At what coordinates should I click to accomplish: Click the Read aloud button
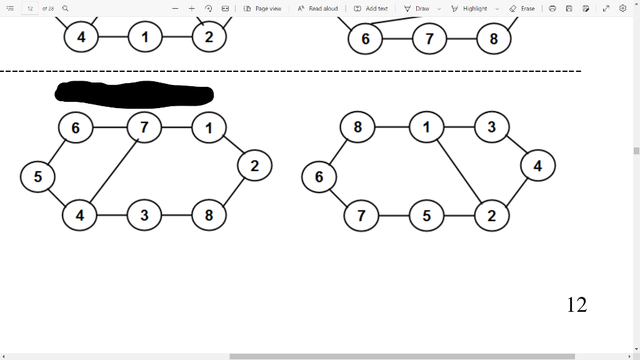(318, 9)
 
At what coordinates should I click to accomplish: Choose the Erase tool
(522, 9)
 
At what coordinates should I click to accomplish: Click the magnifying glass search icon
(65, 9)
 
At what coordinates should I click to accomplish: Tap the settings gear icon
(622, 9)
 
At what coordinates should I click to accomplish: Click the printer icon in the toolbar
(552, 9)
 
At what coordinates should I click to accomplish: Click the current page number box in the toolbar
(30, 9)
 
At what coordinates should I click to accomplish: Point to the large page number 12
(576, 304)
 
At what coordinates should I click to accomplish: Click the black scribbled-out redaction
(134, 94)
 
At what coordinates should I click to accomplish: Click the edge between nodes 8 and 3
(176, 215)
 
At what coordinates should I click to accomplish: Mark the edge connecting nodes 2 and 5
(459, 216)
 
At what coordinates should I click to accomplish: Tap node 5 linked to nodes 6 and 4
(37, 176)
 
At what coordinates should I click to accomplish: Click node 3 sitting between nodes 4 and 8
(144, 215)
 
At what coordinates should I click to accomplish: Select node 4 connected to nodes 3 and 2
(537, 166)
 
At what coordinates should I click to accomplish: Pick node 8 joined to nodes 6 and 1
(357, 127)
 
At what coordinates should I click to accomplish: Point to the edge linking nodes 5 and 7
(394, 216)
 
